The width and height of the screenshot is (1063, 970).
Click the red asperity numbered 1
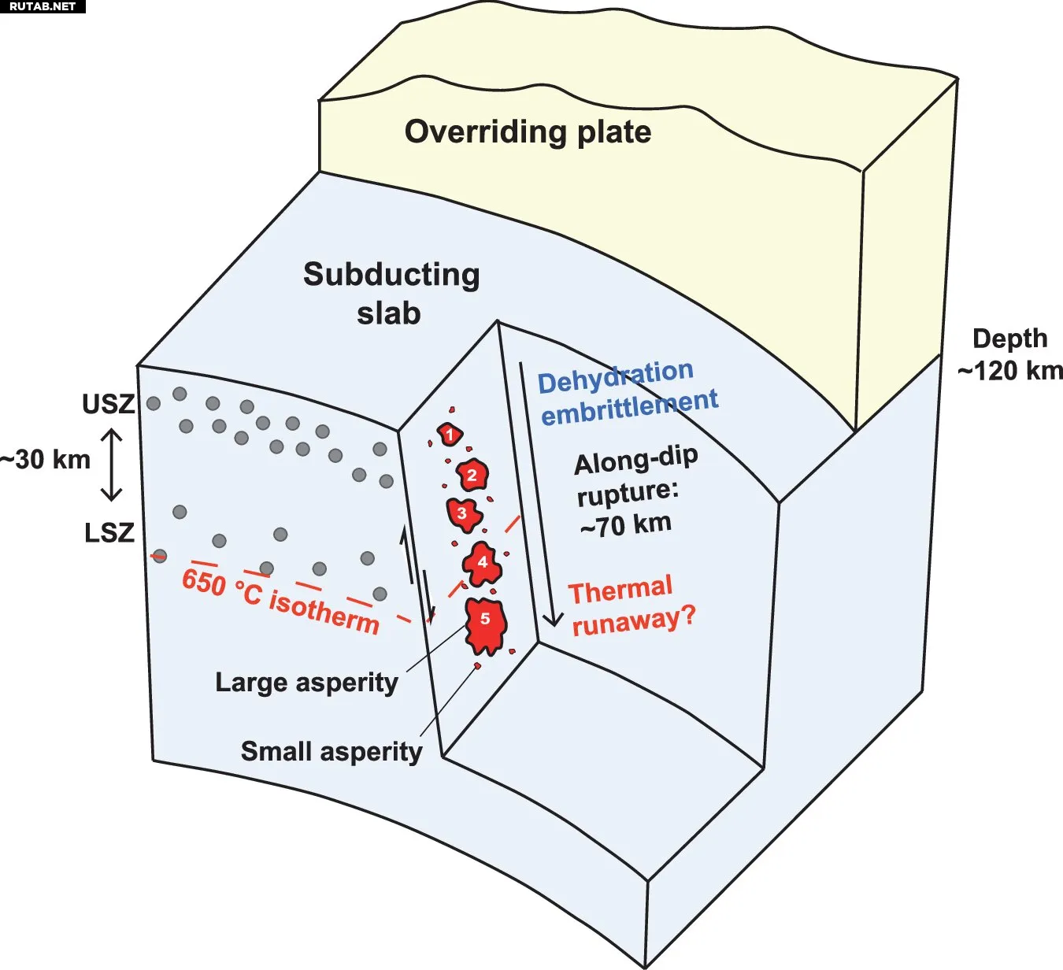click(450, 434)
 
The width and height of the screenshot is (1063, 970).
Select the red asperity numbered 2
click(472, 475)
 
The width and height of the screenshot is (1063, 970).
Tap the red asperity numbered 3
click(462, 513)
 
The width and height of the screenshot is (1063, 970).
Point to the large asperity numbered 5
click(485, 624)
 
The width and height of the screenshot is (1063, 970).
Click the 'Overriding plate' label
click(528, 131)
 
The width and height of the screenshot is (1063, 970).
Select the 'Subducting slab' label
click(391, 294)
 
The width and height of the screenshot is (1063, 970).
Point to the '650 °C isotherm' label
click(280, 601)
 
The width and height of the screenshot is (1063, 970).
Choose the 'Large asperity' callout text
click(306, 682)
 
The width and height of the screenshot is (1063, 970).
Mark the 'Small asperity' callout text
click(331, 751)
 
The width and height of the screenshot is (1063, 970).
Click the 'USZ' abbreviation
click(109, 404)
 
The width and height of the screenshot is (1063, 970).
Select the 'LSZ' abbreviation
click(109, 533)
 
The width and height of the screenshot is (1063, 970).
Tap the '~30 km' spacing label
click(46, 459)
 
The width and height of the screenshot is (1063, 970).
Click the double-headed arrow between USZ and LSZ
click(112, 465)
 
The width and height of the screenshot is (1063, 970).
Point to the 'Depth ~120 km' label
click(1010, 354)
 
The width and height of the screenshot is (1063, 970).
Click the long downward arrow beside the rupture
click(537, 496)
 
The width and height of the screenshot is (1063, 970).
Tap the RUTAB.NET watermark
click(43, 6)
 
